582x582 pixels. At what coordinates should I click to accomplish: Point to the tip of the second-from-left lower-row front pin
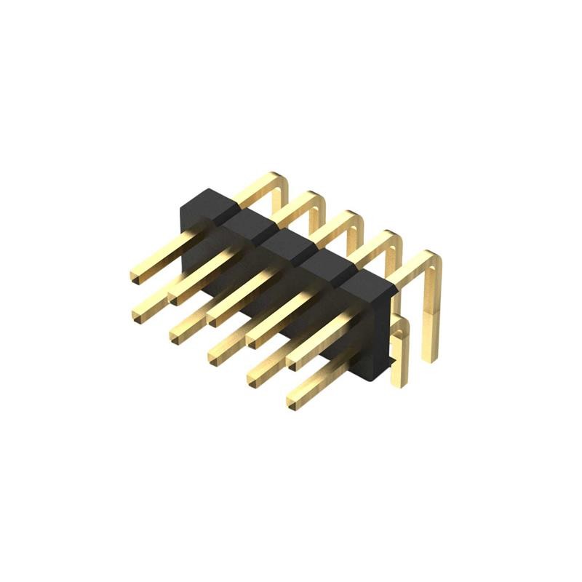click(178, 334)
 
